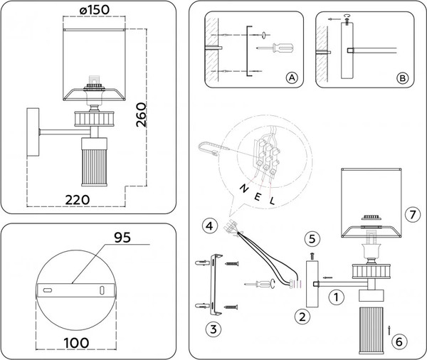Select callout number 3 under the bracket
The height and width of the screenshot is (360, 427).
pos(211,329)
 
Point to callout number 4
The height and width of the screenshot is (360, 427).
pos(209,227)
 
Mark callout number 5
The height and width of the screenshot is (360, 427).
pos(311,238)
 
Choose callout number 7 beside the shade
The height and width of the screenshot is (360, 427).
pos(409,213)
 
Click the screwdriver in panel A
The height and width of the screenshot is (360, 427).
pos(278,48)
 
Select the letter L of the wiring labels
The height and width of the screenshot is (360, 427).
pos(273,202)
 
